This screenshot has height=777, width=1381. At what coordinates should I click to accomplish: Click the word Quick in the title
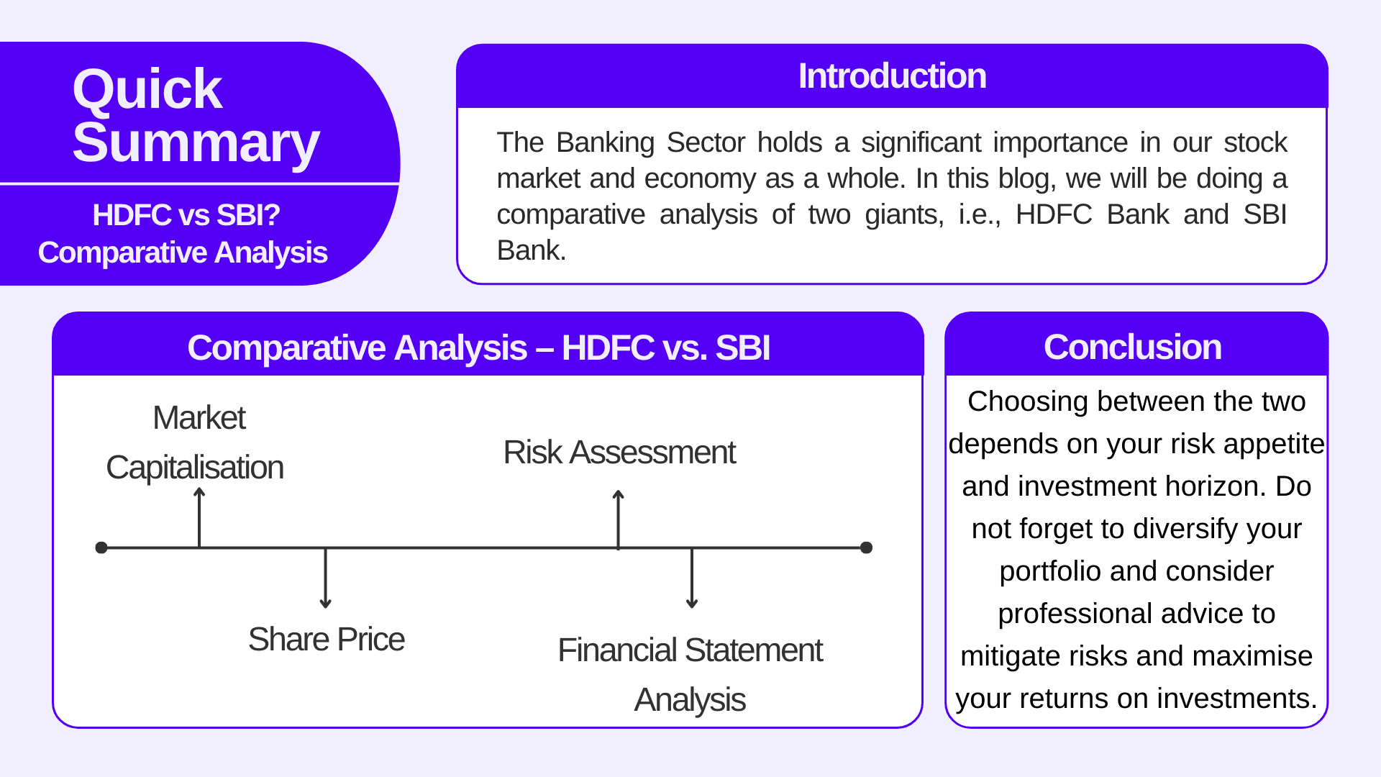click(x=147, y=90)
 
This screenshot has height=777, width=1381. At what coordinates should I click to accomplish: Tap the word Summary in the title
click(x=196, y=143)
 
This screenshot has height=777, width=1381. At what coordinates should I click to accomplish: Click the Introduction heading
click(x=892, y=76)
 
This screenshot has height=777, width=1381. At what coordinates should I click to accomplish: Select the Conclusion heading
click(x=1132, y=347)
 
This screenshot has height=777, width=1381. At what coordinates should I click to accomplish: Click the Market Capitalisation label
click(x=196, y=442)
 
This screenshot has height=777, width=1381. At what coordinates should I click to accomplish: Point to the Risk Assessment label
click(x=619, y=453)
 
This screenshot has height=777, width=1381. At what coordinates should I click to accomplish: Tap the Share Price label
click(x=326, y=640)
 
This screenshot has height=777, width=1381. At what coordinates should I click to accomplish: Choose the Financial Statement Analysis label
click(x=690, y=674)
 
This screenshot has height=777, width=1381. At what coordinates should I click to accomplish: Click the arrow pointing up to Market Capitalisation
click(x=199, y=517)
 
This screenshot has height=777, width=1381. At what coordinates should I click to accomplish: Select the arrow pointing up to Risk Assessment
click(x=619, y=518)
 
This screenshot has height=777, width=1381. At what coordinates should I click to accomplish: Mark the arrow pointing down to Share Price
click(x=326, y=579)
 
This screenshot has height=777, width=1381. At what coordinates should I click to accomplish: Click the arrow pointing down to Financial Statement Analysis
click(x=692, y=579)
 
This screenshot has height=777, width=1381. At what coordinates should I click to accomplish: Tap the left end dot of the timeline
click(x=101, y=547)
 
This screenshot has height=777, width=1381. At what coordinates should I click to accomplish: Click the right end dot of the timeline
click(x=867, y=547)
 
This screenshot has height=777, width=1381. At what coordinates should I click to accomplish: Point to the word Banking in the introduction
click(x=605, y=142)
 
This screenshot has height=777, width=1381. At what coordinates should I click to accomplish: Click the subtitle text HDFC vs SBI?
click(x=186, y=215)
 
